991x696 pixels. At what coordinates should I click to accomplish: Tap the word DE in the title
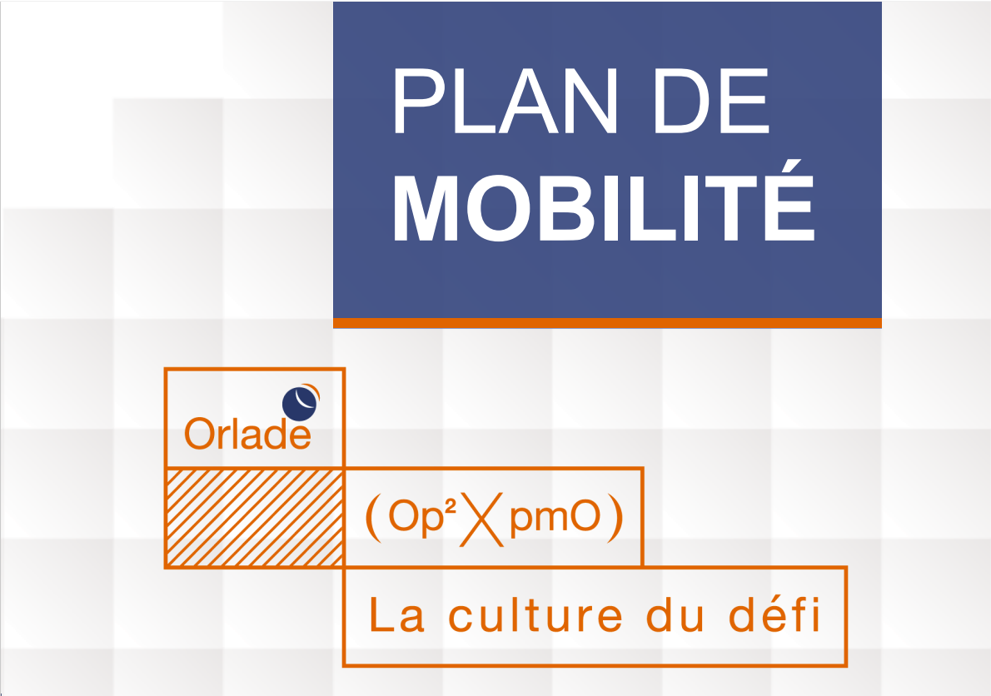click(712, 101)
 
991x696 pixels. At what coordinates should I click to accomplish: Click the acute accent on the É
click(792, 166)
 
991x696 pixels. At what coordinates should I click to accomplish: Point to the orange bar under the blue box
click(607, 323)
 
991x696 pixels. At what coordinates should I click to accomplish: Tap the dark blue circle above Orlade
click(299, 404)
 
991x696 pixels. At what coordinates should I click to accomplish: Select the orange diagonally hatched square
click(254, 517)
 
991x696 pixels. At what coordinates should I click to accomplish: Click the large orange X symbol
click(481, 520)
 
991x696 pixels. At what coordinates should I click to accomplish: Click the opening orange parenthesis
click(374, 519)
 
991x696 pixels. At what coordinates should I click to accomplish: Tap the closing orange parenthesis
click(615, 519)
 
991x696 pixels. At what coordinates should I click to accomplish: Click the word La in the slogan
click(396, 614)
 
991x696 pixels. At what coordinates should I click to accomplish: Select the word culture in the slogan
click(535, 614)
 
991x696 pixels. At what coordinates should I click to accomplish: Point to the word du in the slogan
click(675, 614)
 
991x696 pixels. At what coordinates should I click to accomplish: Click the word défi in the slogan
click(774, 614)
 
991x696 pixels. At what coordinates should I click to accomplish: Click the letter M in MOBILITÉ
click(426, 208)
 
